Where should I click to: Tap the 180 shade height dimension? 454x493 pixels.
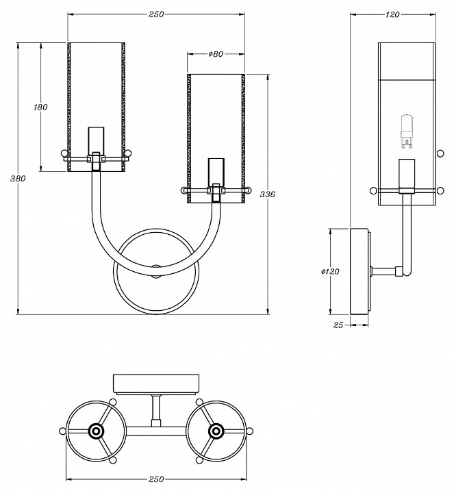tap(40, 107)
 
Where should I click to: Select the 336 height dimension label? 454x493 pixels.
tap(268, 194)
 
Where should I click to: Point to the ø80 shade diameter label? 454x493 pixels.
tap(215, 54)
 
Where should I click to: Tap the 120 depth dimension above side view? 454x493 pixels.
tap(393, 15)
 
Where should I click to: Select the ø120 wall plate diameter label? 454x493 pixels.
tap(330, 272)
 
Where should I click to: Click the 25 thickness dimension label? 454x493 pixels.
tap(338, 325)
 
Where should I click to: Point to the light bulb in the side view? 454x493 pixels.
tap(407, 132)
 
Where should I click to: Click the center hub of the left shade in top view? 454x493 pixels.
tap(95, 431)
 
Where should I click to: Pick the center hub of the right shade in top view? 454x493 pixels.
tap(216, 431)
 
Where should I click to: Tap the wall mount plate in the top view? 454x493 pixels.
tap(156, 383)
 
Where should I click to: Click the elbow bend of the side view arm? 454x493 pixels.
tap(407, 271)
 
